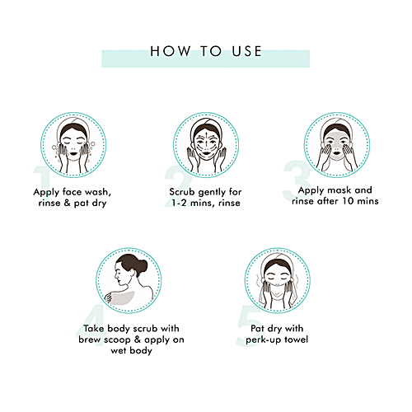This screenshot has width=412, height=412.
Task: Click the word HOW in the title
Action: pyautogui.click(x=171, y=51)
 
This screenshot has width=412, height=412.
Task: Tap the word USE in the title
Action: pyautogui.click(x=246, y=51)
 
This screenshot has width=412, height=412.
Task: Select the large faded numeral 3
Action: pyautogui.click(x=297, y=180)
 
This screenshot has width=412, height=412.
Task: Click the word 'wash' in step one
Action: pyautogui.click(x=97, y=192)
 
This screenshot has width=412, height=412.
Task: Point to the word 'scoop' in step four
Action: pyautogui.click(x=116, y=340)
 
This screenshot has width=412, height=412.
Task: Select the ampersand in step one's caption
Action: pyautogui.click(x=67, y=203)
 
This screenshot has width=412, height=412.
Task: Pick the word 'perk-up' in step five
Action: pyautogui.click(x=264, y=340)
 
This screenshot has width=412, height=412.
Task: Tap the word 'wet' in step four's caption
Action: pyautogui.click(x=119, y=350)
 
